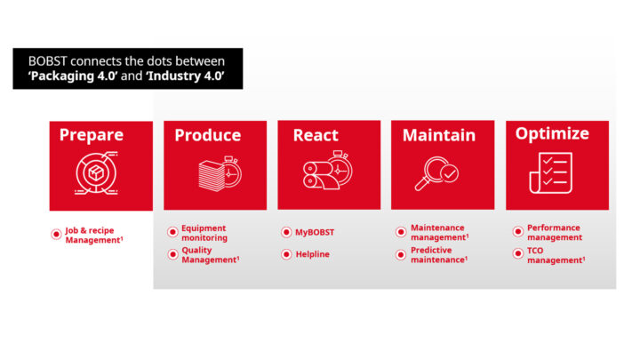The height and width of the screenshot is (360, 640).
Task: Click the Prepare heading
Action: [91, 135]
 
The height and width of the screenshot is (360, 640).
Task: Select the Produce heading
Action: [207, 135]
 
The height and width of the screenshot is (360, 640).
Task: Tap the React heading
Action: [316, 135]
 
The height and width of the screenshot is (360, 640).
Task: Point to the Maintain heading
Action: [438, 136]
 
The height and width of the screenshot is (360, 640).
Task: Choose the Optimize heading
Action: [552, 134]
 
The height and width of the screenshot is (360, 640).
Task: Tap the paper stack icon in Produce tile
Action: [214, 173]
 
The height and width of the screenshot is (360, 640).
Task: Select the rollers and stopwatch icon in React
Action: [328, 173]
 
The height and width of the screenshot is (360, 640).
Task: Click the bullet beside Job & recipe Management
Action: [57, 235]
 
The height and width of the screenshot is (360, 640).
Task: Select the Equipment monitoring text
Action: [204, 233]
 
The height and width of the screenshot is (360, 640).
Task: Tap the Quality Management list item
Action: [210, 255]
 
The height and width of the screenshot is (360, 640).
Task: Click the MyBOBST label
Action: [314, 232]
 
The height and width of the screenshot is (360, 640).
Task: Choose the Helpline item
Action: [312, 254]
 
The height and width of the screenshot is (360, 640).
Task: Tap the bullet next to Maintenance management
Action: [400, 233]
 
